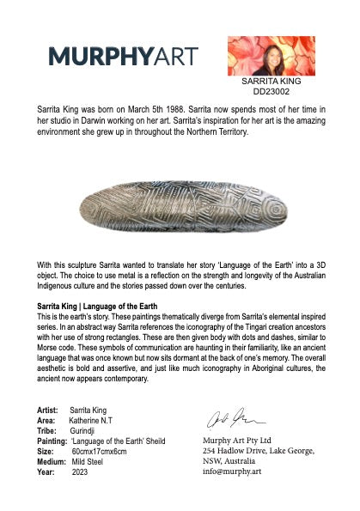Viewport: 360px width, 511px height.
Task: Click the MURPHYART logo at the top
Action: (123, 57)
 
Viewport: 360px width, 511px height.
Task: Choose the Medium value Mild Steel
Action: (90, 461)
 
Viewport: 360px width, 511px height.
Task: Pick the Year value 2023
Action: (80, 471)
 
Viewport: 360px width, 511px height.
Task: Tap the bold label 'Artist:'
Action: (47, 408)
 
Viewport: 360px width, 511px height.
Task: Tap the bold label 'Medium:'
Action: (51, 461)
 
